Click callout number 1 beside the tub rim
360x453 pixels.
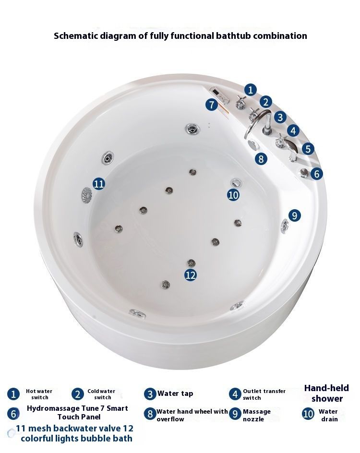tap(251, 90)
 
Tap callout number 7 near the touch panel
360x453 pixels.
tap(212, 105)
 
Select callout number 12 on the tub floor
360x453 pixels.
tap(191, 275)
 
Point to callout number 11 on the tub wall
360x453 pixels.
tap(99, 184)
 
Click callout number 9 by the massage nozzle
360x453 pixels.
tap(294, 215)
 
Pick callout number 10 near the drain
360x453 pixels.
tap(233, 195)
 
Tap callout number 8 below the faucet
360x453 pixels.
tap(261, 159)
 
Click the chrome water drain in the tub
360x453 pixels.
tap(236, 182)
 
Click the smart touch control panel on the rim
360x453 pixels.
tap(220, 95)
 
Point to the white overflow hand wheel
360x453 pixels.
tap(252, 144)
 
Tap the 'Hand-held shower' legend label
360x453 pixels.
tap(327, 393)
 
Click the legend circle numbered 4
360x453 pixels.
tap(235, 394)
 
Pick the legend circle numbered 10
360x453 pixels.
tap(308, 414)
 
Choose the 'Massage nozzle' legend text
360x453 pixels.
tap(257, 415)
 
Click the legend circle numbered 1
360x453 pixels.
tap(13, 394)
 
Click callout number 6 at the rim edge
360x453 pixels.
tap(317, 174)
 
